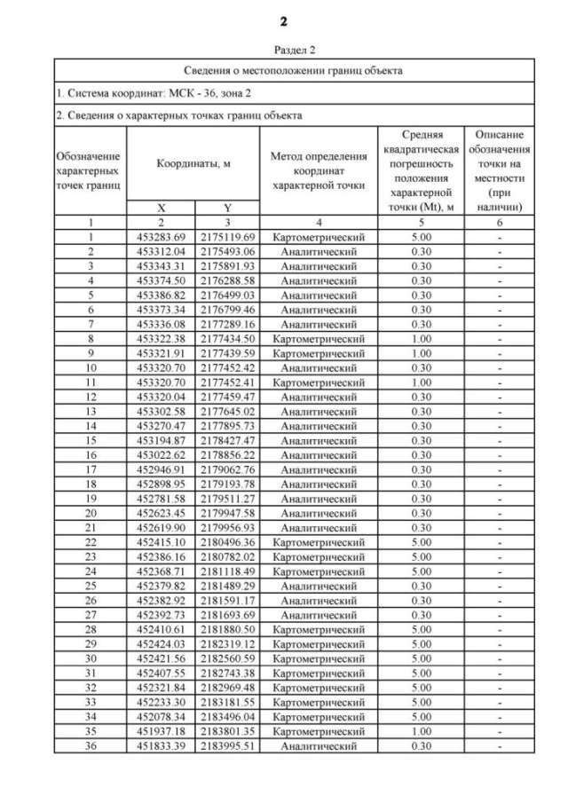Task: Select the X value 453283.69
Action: point(161,237)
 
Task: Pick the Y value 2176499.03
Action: point(227,295)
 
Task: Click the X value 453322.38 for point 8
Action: point(161,338)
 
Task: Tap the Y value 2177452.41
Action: point(227,382)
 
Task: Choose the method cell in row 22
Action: point(319,541)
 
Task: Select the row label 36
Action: point(91,745)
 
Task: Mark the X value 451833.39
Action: point(161,745)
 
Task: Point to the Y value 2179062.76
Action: point(227,468)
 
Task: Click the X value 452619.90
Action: point(161,527)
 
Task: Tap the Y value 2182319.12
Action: point(227,643)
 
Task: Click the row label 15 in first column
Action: point(91,440)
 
